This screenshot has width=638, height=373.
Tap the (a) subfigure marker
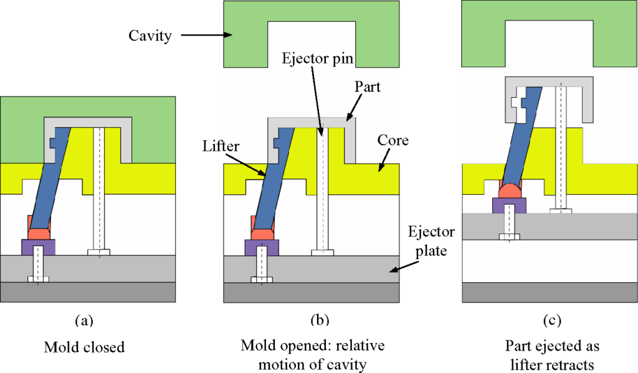[84, 321]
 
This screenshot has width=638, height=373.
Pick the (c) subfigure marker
[552, 321]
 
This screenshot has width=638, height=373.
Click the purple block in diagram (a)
[39, 247]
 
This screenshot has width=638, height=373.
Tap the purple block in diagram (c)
[509, 204]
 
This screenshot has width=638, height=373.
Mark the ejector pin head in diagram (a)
[99, 252]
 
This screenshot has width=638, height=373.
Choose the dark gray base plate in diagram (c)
[550, 292]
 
